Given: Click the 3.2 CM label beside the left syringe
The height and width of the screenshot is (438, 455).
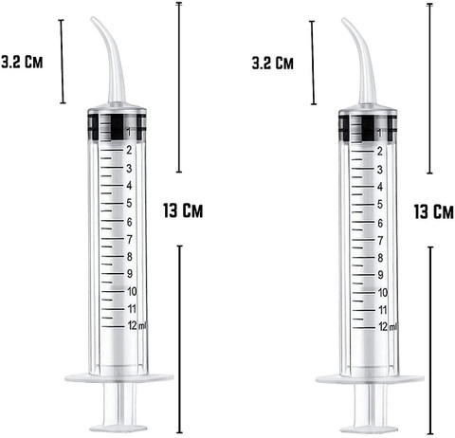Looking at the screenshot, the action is (22, 62).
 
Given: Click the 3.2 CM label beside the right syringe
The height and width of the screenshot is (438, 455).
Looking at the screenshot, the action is (272, 63).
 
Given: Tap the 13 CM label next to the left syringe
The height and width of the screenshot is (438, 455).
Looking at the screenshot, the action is (183, 210).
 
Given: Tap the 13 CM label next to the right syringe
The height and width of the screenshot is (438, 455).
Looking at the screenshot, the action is (433, 211).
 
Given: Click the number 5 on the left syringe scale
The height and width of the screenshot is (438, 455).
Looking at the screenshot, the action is (129, 203).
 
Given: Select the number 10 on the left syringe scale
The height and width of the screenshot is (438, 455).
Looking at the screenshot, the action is (132, 291).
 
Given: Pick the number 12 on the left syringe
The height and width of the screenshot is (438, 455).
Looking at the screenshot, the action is (133, 325).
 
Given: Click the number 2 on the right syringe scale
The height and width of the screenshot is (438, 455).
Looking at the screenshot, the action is (379, 152).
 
